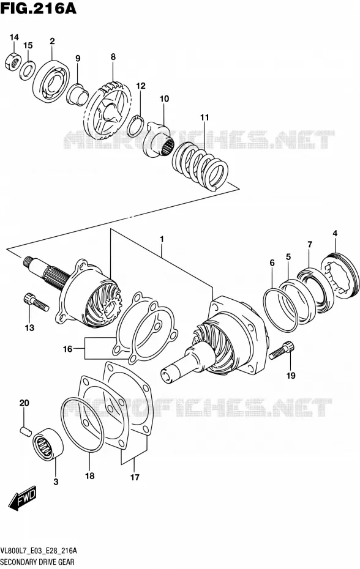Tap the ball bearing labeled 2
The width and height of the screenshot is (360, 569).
(51, 81)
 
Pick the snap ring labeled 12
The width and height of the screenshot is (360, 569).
(135, 125)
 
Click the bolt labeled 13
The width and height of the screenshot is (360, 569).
(36, 303)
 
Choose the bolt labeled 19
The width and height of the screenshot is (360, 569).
(282, 350)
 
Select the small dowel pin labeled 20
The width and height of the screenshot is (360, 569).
(24, 430)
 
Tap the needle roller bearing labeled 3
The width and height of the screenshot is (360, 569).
(48, 443)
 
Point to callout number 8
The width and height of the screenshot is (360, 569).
(113, 57)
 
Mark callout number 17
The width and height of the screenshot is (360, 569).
(135, 477)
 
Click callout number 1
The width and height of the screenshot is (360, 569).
(162, 239)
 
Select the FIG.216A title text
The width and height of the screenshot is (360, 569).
(39, 8)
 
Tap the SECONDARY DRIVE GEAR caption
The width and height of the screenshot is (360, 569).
(38, 562)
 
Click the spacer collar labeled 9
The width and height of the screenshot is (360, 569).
(77, 94)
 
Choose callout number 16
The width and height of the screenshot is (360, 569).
(67, 349)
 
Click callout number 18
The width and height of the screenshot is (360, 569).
(90, 476)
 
